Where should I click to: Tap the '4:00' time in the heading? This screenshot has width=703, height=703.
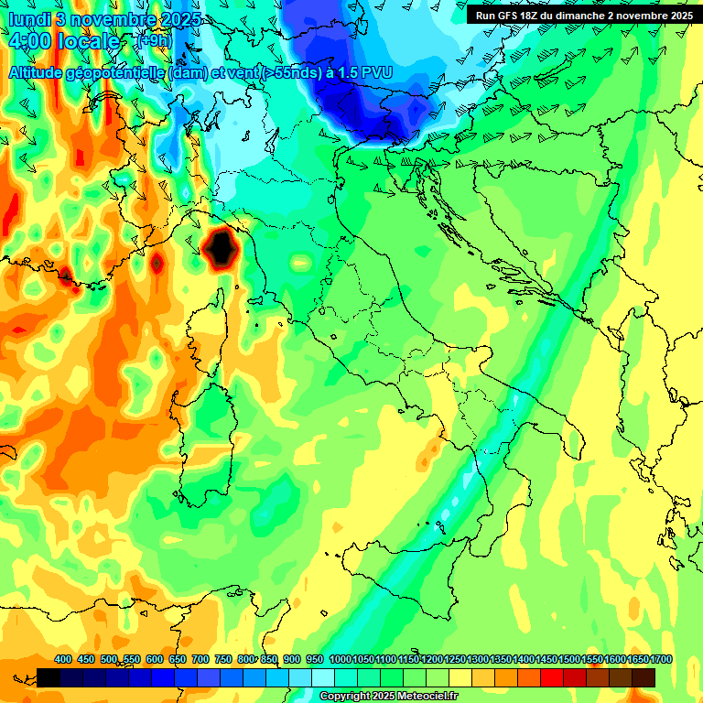[x=28, y=42]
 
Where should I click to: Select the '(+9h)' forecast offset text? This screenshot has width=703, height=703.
[x=154, y=41]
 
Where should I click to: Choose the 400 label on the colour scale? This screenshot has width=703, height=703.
[x=63, y=660]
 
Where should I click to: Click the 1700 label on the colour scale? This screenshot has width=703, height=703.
[x=636, y=660]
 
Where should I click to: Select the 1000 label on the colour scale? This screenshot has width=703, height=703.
[x=340, y=660]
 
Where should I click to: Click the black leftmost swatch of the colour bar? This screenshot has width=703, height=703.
[x=49, y=677]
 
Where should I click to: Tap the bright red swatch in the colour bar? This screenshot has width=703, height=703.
[x=552, y=677]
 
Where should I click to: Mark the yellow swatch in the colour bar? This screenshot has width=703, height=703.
[x=460, y=677]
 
